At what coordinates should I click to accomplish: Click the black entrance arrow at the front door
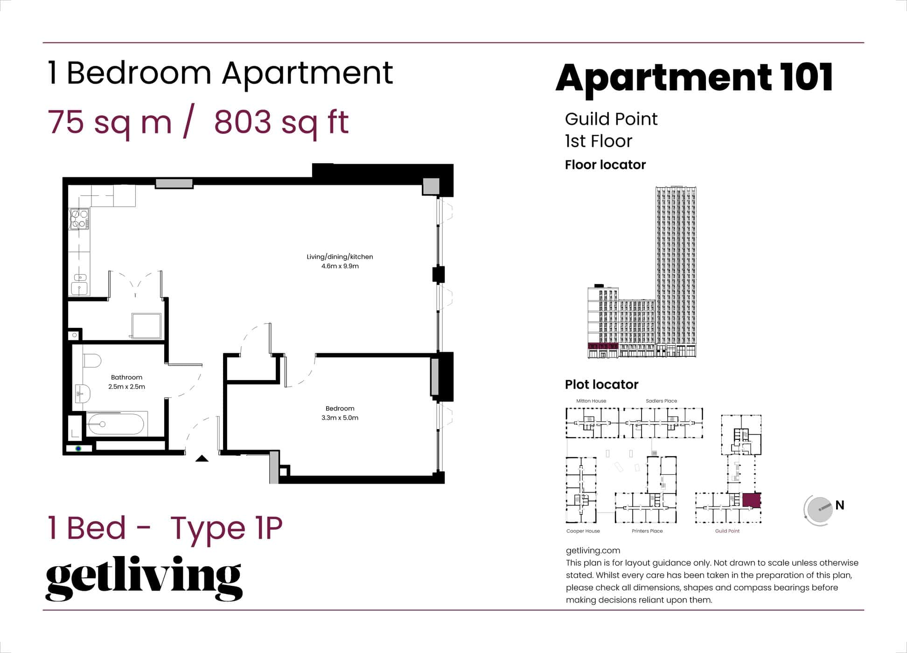click(202, 459)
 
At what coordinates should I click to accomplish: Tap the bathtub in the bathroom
click(116, 424)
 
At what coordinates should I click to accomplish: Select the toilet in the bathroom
click(92, 361)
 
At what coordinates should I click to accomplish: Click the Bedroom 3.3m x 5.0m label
click(340, 413)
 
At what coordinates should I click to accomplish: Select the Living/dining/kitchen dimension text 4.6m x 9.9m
click(340, 266)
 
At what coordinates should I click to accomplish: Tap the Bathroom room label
click(126, 377)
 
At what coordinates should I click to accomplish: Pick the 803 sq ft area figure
click(281, 122)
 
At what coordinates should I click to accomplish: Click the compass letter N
click(840, 505)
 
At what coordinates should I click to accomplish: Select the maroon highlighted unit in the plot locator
click(751, 500)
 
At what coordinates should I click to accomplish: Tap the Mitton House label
click(591, 401)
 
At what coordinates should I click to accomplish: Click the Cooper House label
click(583, 531)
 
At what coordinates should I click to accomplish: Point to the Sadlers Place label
click(661, 401)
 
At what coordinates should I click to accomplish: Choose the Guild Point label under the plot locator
click(727, 531)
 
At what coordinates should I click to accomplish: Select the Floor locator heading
click(605, 165)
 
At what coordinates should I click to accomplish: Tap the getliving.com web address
click(593, 550)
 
